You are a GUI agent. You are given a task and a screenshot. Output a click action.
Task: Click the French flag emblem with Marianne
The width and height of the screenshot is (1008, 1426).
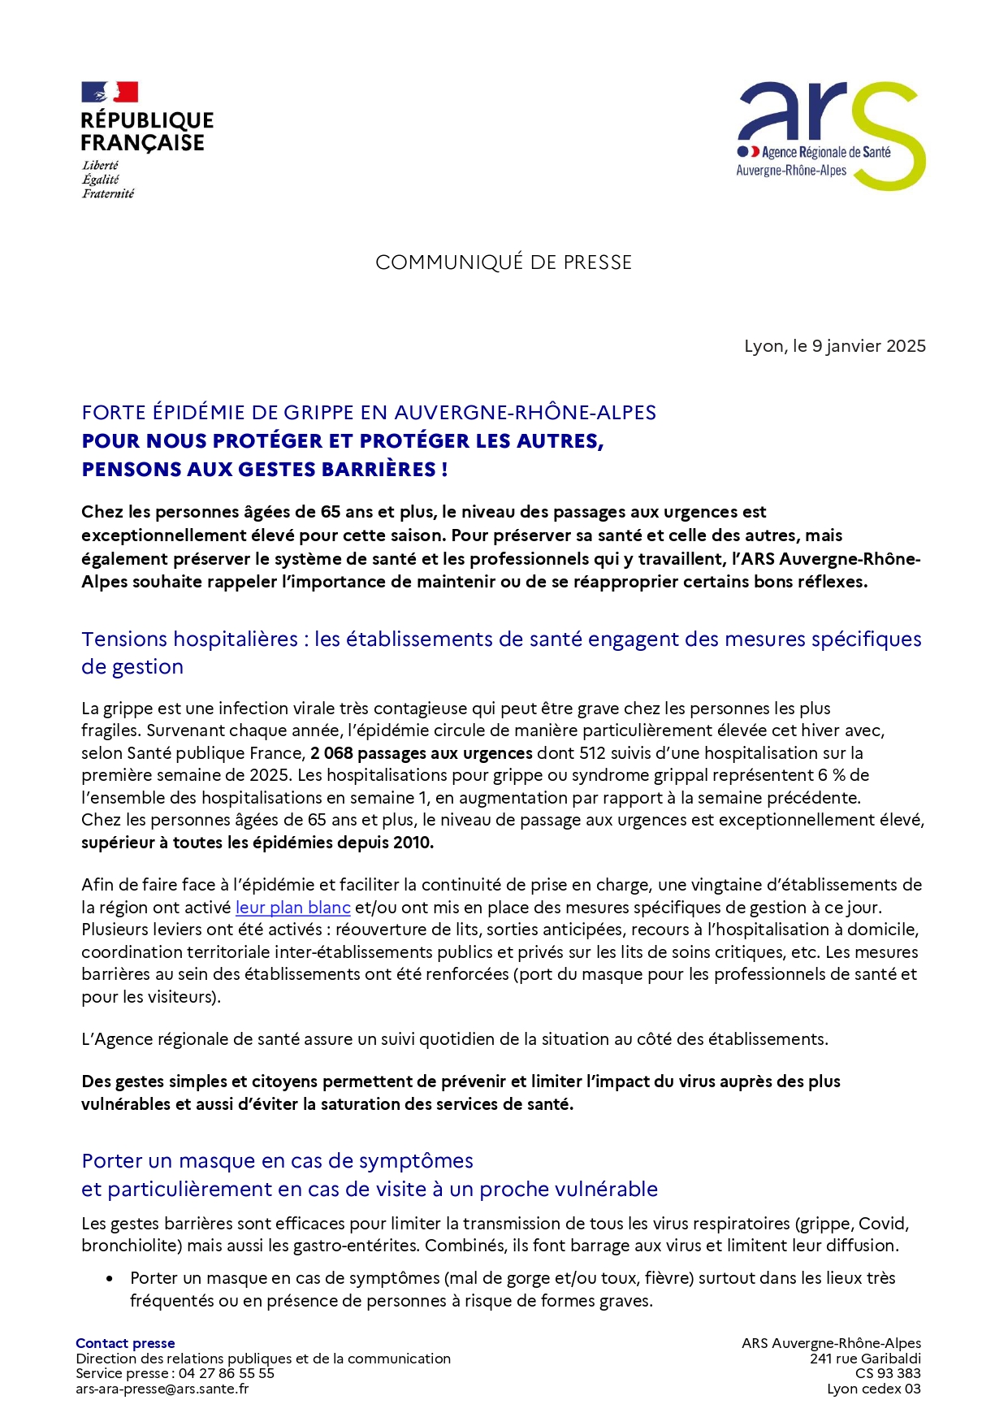(x=109, y=92)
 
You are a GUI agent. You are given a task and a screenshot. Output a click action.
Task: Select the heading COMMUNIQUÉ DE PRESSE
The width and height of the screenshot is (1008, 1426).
(x=504, y=262)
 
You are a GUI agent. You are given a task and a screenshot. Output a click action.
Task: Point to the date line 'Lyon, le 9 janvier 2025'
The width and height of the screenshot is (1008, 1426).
(x=834, y=346)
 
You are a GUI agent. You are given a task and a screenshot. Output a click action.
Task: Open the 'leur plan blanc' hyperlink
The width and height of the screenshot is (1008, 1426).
(x=292, y=908)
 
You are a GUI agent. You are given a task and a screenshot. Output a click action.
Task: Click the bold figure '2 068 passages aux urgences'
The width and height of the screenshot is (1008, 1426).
(x=421, y=753)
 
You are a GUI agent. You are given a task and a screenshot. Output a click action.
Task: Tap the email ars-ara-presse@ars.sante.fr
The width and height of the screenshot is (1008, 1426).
(x=162, y=1389)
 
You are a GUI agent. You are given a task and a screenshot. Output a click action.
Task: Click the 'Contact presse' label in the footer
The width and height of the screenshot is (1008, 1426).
(x=125, y=1343)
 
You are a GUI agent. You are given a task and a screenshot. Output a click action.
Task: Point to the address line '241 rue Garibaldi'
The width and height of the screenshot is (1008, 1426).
(x=865, y=1359)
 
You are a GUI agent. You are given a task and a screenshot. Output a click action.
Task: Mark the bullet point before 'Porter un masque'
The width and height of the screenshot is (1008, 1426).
(x=110, y=1279)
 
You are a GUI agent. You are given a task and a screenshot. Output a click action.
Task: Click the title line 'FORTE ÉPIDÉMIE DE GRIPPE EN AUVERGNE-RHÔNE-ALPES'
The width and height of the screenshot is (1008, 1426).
(x=369, y=413)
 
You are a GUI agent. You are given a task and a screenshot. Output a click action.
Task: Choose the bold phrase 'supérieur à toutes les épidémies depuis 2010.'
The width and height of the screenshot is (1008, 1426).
(x=257, y=843)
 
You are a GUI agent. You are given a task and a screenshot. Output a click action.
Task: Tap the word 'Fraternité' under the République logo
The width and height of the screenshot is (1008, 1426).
(x=108, y=193)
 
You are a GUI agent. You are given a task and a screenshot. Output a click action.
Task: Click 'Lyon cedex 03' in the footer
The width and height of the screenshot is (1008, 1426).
(x=873, y=1389)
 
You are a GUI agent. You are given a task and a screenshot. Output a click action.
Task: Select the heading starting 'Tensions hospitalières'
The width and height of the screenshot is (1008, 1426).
(x=501, y=639)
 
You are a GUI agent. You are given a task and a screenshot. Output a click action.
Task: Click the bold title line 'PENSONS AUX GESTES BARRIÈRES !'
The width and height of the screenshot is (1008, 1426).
(x=265, y=470)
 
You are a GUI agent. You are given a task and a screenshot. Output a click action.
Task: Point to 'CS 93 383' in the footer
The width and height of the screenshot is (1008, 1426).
(x=888, y=1373)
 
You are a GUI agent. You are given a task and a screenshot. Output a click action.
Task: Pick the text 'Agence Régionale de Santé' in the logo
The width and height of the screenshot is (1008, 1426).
(x=825, y=152)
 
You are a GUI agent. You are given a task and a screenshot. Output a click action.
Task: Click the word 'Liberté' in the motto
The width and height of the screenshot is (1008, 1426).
(x=100, y=165)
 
